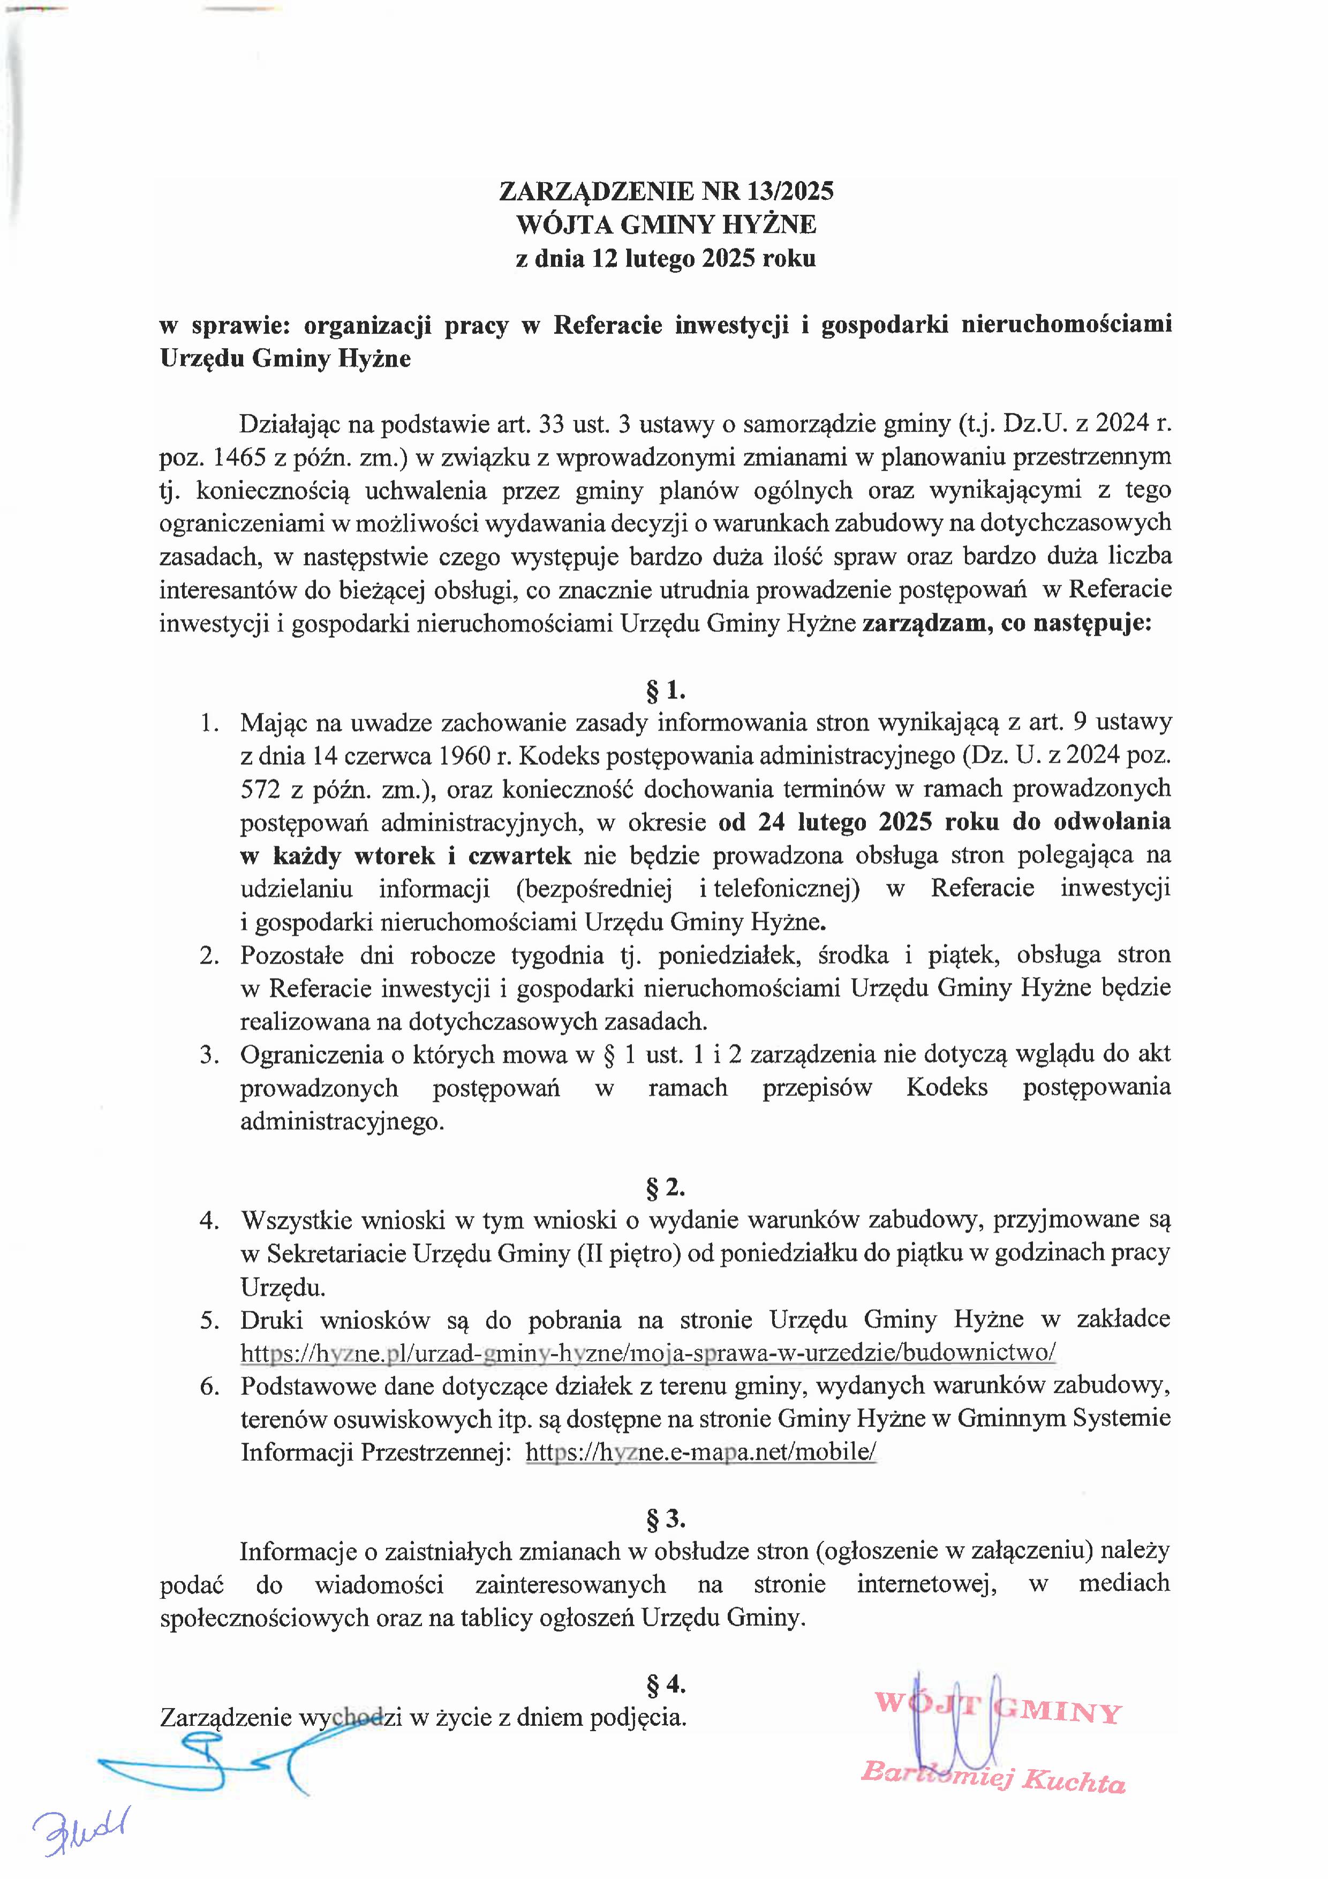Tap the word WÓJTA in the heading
click(x=558, y=224)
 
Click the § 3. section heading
click(x=665, y=1519)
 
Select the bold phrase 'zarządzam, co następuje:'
click(x=1007, y=623)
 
